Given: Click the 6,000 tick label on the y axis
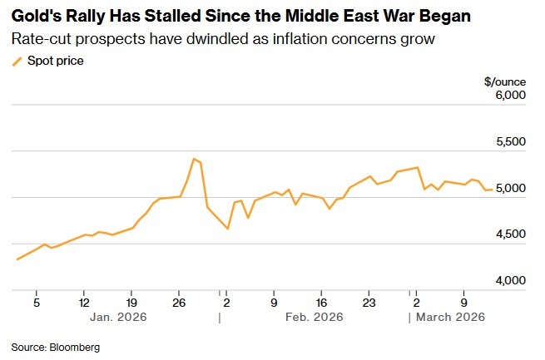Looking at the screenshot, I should pyautogui.click(x=510, y=96).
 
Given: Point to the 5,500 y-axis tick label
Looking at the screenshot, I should pyautogui.click(x=510, y=142).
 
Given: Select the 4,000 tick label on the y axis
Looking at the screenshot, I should pyautogui.click(x=510, y=281).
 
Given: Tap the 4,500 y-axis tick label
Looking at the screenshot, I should pyautogui.click(x=510, y=234).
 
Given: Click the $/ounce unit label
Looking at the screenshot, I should pyautogui.click(x=505, y=81).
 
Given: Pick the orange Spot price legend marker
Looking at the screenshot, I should pyautogui.click(x=17, y=61).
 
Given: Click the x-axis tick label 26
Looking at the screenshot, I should pyautogui.click(x=179, y=303).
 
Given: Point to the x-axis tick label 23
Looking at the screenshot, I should pyautogui.click(x=370, y=303).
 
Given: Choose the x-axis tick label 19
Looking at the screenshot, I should pyautogui.click(x=131, y=303).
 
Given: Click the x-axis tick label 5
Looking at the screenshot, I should pyautogui.click(x=37, y=303).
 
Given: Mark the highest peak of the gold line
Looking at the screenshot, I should pyautogui.click(x=193, y=158).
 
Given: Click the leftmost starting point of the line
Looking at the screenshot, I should pyautogui.click(x=17, y=259).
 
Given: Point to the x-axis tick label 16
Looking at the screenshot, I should pyautogui.click(x=323, y=303).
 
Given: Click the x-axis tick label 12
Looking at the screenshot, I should pyautogui.click(x=84, y=303).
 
